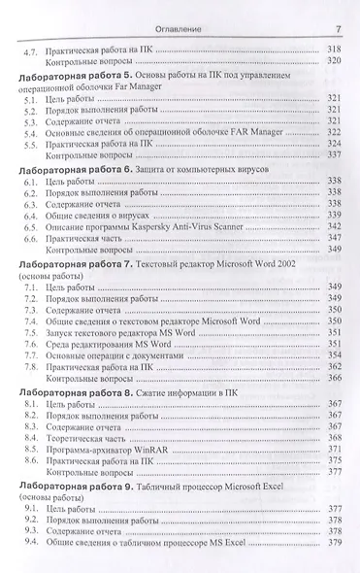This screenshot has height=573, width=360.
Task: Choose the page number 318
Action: [332, 49]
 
